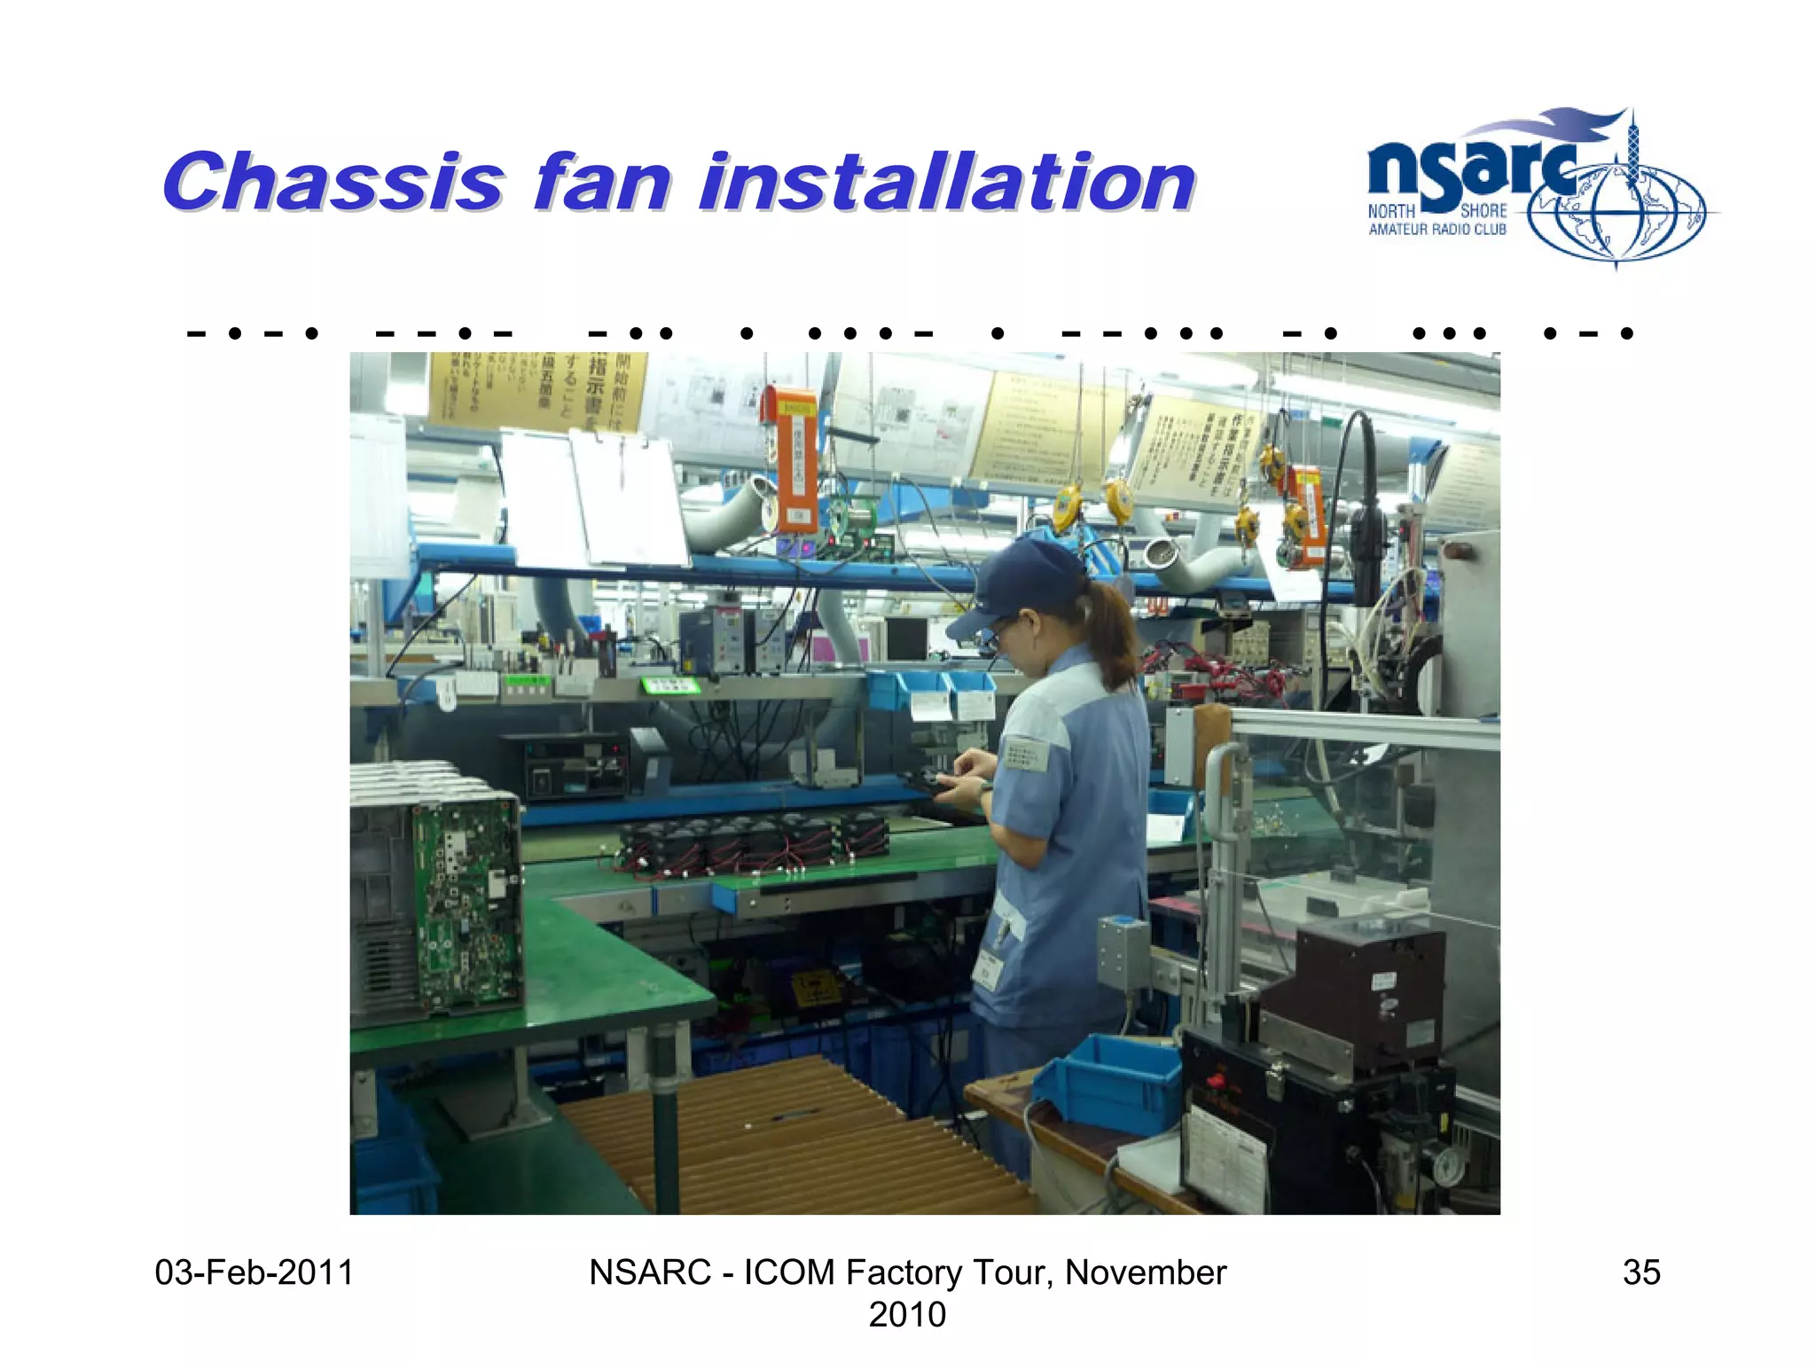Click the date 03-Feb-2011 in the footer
(254, 1272)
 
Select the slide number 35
(1640, 1272)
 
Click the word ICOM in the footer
(788, 1272)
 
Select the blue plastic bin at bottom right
(1108, 1082)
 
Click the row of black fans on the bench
(754, 842)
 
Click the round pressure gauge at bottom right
(1447, 1166)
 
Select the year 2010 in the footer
(907, 1314)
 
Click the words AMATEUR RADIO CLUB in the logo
(1436, 230)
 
